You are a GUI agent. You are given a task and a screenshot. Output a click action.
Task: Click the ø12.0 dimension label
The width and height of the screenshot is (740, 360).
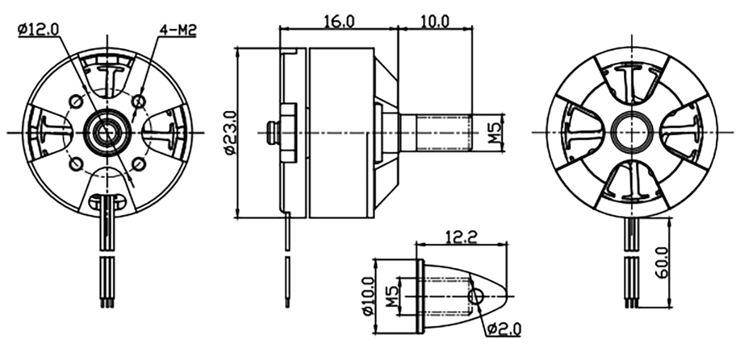tap(39, 30)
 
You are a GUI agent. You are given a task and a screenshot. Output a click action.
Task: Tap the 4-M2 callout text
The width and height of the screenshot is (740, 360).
tap(178, 30)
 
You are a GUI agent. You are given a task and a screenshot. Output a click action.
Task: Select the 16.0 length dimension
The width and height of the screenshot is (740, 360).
tap(339, 22)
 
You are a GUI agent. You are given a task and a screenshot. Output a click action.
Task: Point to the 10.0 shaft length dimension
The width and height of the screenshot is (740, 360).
tap(434, 22)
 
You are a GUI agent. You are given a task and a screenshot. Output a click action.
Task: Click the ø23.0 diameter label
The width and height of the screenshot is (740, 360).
tap(229, 133)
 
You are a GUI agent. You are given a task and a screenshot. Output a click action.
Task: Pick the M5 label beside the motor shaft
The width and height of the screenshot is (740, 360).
tap(495, 133)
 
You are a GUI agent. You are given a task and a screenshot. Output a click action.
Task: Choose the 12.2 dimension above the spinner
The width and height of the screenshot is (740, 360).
tap(461, 237)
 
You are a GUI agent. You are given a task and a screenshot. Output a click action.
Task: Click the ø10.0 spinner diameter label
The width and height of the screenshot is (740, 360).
tap(368, 297)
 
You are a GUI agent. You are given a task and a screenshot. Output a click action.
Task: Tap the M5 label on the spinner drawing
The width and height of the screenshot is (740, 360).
tap(392, 297)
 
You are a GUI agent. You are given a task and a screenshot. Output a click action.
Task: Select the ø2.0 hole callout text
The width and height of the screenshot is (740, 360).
tap(504, 329)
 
